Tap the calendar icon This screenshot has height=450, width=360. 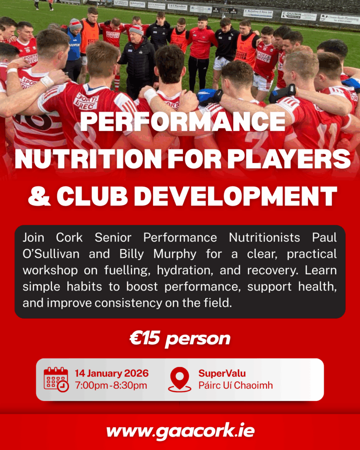(56, 379)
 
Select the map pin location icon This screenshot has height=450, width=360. (180, 379)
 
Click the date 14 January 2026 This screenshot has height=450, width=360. (111, 374)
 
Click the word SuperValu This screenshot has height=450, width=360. (222, 374)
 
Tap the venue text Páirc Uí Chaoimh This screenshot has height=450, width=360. (235, 385)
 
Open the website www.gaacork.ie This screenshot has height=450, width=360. (180, 431)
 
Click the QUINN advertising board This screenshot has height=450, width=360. (299, 15)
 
